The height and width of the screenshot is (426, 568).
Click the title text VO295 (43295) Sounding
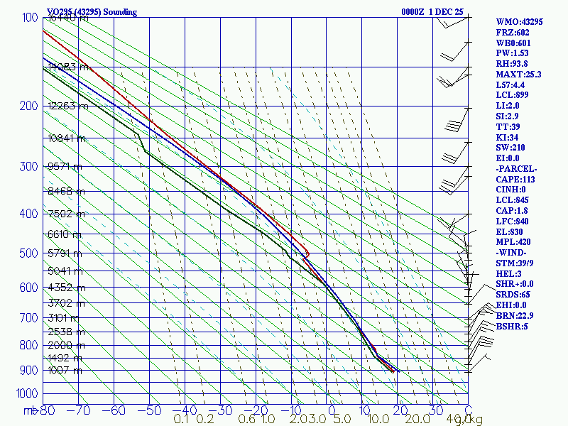[x=92, y=12]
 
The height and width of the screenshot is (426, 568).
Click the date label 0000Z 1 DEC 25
[x=432, y=12]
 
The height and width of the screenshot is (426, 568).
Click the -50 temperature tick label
[x=151, y=410]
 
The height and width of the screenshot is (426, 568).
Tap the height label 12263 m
[x=68, y=106]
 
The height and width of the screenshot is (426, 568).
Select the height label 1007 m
[x=66, y=370]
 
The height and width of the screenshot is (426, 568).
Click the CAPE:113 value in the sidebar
[x=517, y=180]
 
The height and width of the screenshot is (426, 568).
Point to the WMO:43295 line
[x=519, y=22]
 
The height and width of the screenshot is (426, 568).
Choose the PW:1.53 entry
[x=512, y=53]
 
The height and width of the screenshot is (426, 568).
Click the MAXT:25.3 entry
[x=518, y=74]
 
